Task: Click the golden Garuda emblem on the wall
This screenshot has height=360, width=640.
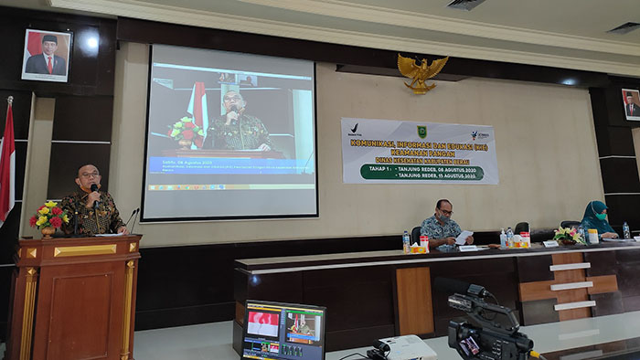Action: pyautogui.click(x=421, y=71)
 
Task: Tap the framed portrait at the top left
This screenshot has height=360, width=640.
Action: pyautogui.click(x=45, y=55)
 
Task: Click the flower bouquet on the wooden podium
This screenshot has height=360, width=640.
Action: pyautogui.click(x=48, y=217)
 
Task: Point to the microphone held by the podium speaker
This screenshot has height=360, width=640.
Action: pyautogui.click(x=93, y=189)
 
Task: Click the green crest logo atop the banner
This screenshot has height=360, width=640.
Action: pyautogui.click(x=421, y=132)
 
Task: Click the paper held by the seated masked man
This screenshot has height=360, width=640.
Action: pyautogui.click(x=464, y=237)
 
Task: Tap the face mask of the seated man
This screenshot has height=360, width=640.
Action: pyautogui.click(x=443, y=217)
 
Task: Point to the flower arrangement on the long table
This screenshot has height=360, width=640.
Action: pyautogui.click(x=567, y=234)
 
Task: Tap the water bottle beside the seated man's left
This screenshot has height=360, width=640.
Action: pyautogui.click(x=406, y=240)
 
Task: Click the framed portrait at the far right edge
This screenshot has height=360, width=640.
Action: pyautogui.click(x=631, y=104)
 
